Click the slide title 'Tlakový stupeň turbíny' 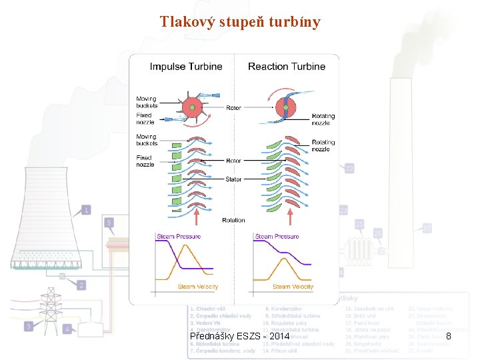pos(240,22)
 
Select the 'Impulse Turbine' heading pos(186,67)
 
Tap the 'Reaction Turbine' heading pos(287,67)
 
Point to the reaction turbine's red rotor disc pos(287,109)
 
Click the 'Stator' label pos(233,179)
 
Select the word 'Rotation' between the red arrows pos(233,220)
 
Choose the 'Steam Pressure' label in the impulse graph pos(178,237)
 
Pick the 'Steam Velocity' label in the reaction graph pos(293,287)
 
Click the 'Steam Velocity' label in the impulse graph pos(197,287)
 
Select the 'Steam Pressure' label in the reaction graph pos(277,237)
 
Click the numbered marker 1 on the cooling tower pos(86,211)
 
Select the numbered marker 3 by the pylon pos(29,326)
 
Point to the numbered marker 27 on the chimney pos(427,228)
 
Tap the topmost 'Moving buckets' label pos(147,102)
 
